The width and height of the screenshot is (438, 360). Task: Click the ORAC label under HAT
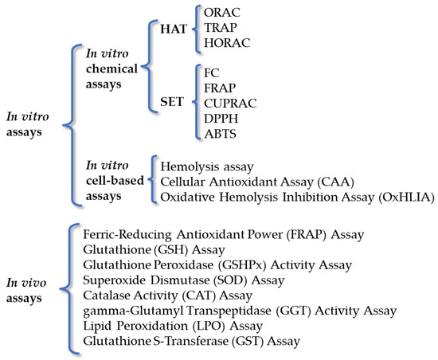(222, 13)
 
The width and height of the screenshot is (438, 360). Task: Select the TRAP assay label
(221, 28)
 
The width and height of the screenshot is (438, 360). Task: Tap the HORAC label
(227, 43)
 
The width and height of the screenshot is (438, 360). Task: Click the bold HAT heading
(174, 29)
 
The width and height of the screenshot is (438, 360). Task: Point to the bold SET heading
(172, 101)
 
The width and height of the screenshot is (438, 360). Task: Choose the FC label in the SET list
(212, 73)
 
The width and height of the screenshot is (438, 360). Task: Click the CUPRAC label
(230, 104)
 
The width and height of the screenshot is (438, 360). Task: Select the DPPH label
(221, 119)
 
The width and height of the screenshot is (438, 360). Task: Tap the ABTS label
(220, 134)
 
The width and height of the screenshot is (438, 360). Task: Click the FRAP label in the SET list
(220, 88)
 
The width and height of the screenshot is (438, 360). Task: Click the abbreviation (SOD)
(230, 280)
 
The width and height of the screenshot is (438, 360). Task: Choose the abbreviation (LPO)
(209, 326)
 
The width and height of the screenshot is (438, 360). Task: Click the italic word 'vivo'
(33, 283)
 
